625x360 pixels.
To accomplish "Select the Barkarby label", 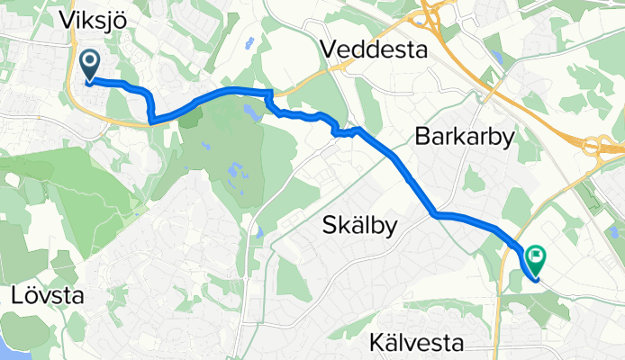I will (x=464, y=137).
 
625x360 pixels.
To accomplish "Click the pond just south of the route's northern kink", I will (x=248, y=112).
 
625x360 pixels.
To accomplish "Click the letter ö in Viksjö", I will (x=115, y=19).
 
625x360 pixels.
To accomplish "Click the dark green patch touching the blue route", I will (x=192, y=118).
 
